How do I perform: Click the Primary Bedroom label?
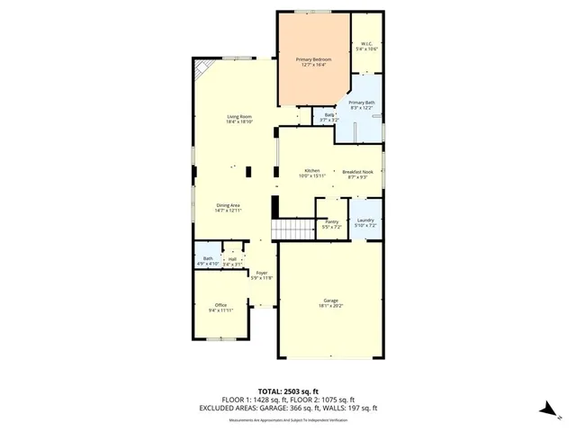click(313, 59)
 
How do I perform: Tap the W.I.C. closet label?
click(366, 43)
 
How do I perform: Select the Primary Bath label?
click(362, 103)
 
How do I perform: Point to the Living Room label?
click(238, 117)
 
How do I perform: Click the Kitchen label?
click(312, 170)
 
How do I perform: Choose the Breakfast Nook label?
click(358, 171)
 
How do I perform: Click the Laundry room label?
click(364, 220)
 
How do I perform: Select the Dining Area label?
click(228, 205)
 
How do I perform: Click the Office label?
click(220, 305)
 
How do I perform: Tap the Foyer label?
click(262, 273)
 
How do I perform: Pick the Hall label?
click(232, 259)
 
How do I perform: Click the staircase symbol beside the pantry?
click(293, 230)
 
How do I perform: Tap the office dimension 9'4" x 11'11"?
click(220, 310)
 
